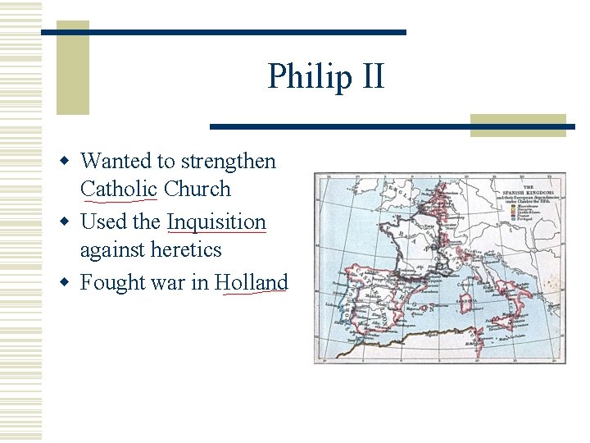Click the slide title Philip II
click(325, 76)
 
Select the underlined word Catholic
click(119, 189)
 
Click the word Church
click(197, 189)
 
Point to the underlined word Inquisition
click(216, 222)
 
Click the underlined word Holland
click(252, 283)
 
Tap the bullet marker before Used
click(70, 222)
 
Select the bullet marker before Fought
click(70, 283)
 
